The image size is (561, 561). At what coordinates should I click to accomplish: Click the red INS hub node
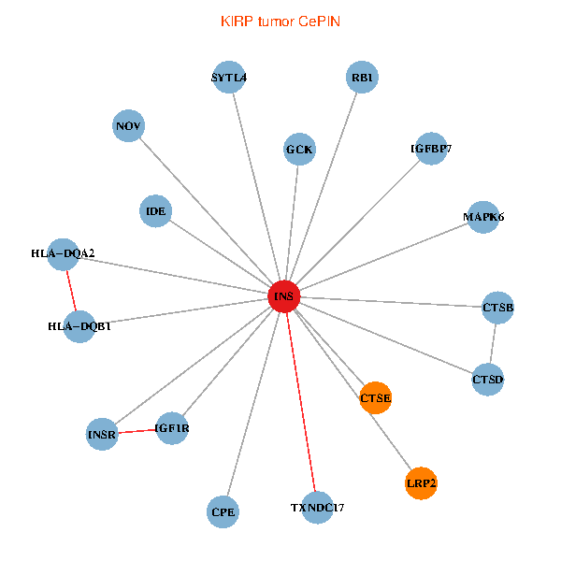[x=283, y=296]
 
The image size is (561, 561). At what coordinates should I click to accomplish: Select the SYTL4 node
[x=229, y=78]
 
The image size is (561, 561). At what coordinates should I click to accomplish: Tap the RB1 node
[x=361, y=78]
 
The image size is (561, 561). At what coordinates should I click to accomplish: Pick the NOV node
[x=128, y=126]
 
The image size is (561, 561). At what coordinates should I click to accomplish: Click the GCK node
[x=299, y=149]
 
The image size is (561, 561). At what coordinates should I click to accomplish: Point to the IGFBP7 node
[x=431, y=149]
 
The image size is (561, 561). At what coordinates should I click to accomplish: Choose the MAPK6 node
[x=483, y=217]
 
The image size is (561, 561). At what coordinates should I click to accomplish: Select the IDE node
[x=156, y=211]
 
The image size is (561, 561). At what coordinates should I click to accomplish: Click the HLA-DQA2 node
[x=64, y=253]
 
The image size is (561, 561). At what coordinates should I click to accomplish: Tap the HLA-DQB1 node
[x=80, y=326]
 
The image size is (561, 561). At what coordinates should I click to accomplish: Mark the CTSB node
[x=498, y=308]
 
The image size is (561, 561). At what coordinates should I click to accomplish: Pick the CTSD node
[x=487, y=380]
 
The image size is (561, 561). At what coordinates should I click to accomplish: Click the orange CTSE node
[x=375, y=398]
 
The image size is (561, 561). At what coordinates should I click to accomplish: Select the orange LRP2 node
[x=421, y=483]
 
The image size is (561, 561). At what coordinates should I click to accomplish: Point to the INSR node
[x=102, y=435]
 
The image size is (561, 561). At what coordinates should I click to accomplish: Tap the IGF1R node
[x=172, y=428]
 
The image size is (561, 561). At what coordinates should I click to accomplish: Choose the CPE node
[x=223, y=511]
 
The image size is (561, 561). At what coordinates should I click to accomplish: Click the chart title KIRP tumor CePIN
[x=280, y=21]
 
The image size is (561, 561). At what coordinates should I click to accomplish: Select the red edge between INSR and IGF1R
[x=137, y=431]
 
